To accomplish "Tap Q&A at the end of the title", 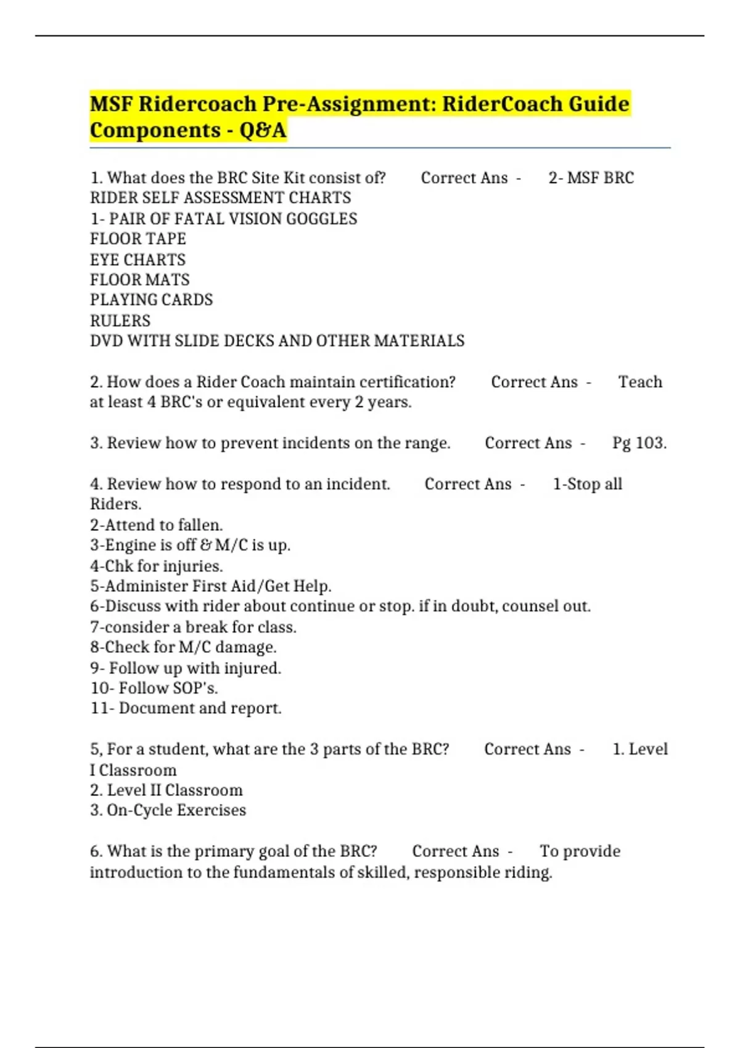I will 263,130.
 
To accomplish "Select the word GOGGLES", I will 321,219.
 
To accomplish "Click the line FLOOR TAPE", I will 138,239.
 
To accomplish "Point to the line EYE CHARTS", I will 138,260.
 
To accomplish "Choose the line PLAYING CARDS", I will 151,300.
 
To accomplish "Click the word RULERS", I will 120,321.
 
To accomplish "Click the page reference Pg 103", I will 639,443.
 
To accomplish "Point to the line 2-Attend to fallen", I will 156,525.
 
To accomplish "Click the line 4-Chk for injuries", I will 156,566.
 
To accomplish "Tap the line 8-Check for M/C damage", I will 183,647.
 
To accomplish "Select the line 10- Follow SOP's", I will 154,688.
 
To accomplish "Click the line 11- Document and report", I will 186,708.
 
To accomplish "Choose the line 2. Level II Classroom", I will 166,790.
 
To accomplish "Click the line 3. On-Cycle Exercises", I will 168,811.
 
